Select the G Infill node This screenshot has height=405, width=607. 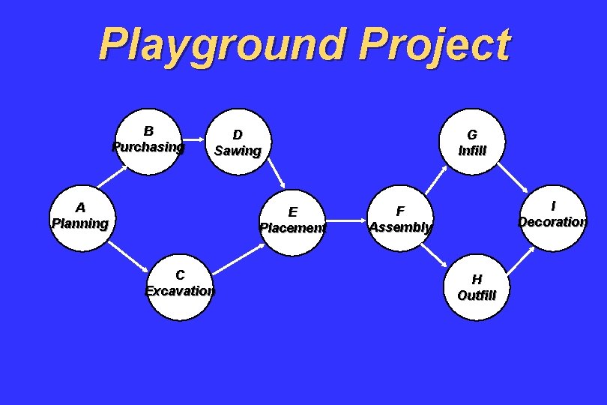(472, 142)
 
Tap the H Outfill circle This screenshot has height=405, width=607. (477, 287)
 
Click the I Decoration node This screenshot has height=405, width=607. (553, 216)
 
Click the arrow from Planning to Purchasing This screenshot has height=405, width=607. (112, 175)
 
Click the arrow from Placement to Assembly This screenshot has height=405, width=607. (347, 221)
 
